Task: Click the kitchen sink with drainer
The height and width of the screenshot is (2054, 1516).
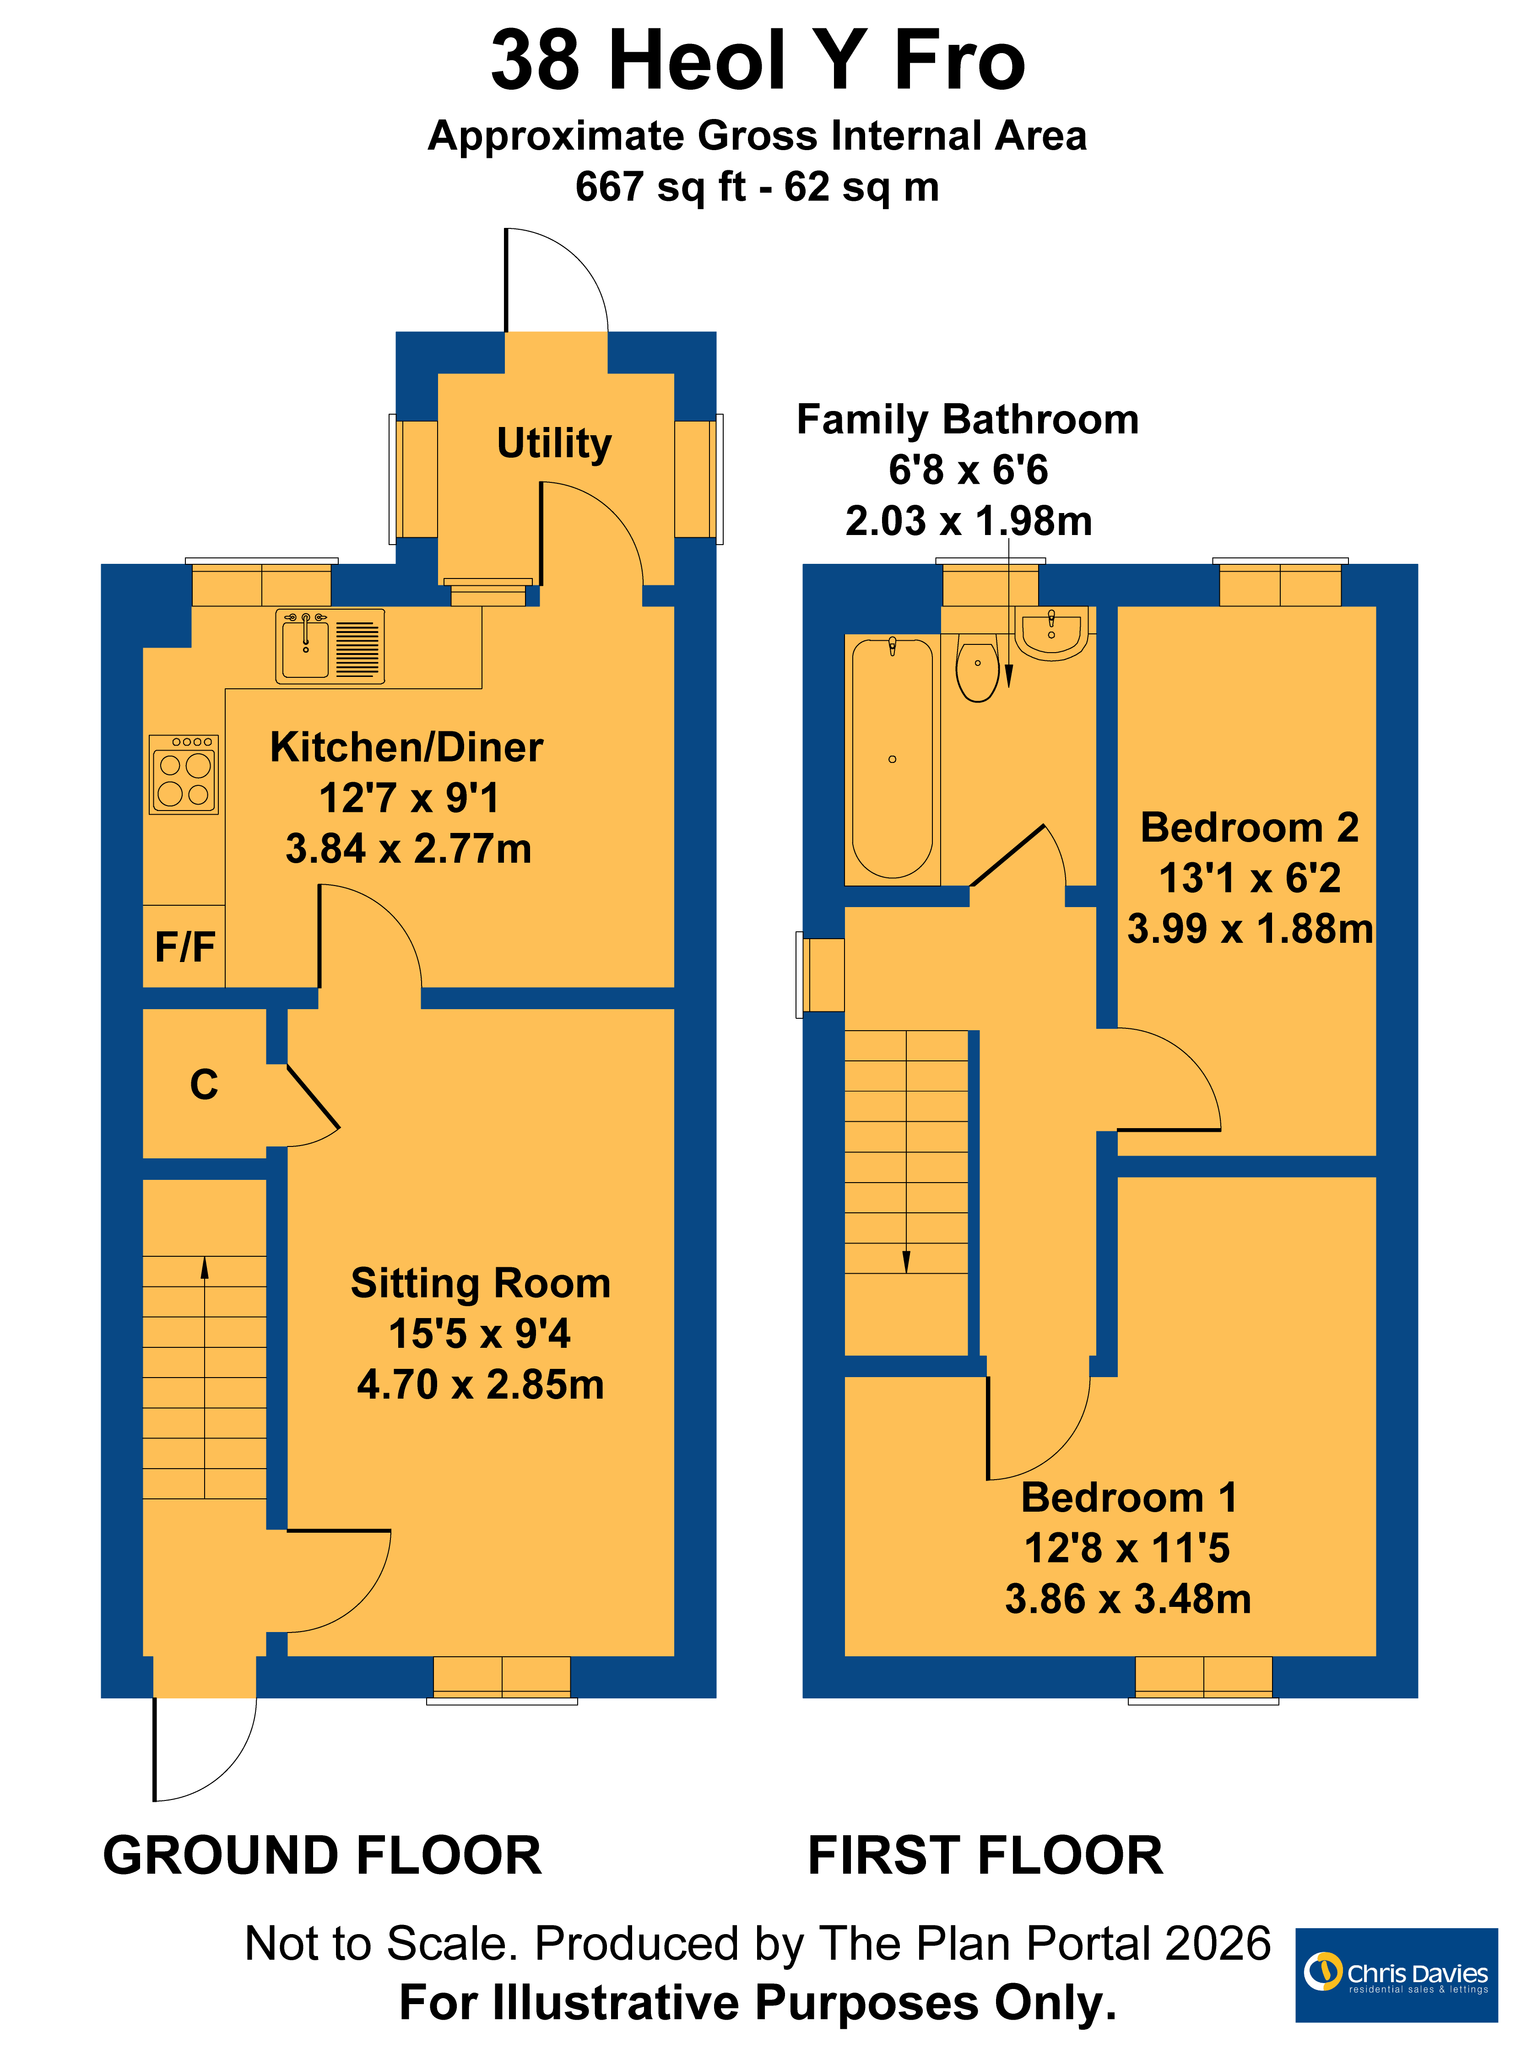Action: [330, 647]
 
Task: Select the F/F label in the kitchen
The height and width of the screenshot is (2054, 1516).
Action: [184, 947]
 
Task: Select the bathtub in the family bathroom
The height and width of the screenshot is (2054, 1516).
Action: [892, 758]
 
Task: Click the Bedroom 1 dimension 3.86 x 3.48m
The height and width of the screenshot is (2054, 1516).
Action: [1129, 1599]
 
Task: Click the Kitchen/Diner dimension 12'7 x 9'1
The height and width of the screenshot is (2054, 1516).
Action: [409, 798]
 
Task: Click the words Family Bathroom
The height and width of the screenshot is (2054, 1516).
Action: [968, 419]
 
